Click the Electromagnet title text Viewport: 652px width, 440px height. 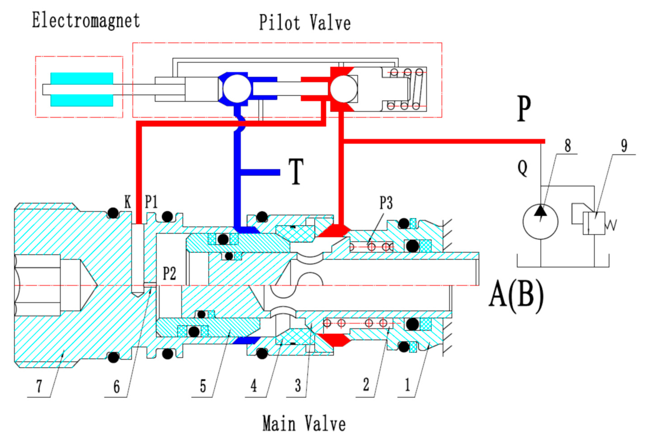point(85,21)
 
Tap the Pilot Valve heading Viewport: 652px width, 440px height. point(304,22)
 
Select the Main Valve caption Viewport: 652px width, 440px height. point(304,423)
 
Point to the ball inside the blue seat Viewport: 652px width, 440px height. point(237,89)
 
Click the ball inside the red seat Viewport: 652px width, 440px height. point(343,89)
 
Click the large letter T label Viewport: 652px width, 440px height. point(296,171)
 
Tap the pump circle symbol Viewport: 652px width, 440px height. point(540,222)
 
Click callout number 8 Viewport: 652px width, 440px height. point(568,145)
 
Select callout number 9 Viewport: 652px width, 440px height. point(624,145)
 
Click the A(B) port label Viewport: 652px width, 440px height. point(516,297)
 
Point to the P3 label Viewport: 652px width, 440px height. point(386,203)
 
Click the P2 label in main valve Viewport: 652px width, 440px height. point(169,273)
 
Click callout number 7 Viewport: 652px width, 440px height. point(39,386)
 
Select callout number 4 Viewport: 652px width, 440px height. point(253,386)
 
